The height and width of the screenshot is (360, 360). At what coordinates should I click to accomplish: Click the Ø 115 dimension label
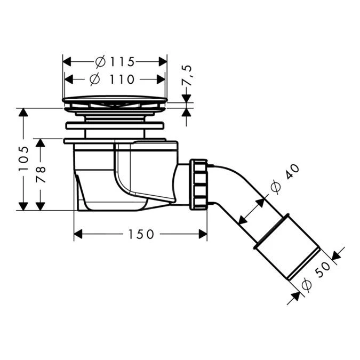pyautogui.click(x=115, y=62)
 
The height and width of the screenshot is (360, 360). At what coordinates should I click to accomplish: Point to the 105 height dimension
pyautogui.click(x=23, y=158)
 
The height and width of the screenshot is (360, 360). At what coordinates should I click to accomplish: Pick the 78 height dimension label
pyautogui.click(x=41, y=174)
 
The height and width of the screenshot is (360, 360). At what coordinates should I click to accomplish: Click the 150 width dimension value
pyautogui.click(x=140, y=234)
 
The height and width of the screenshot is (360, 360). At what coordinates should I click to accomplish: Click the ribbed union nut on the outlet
pyautogui.click(x=199, y=184)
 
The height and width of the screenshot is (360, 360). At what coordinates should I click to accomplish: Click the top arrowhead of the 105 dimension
pyautogui.click(x=23, y=113)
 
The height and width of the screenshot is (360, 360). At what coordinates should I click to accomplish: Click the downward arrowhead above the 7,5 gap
pyautogui.click(x=186, y=98)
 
